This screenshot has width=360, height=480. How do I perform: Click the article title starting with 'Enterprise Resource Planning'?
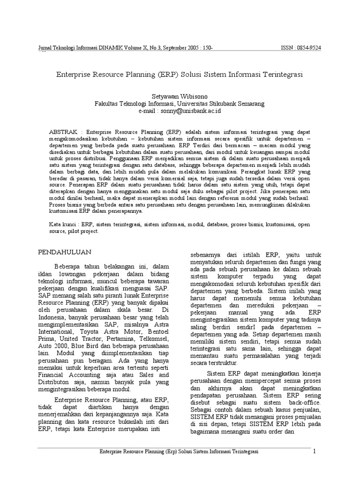pos(180,75)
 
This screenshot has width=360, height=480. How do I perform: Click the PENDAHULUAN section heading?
pos(64,252)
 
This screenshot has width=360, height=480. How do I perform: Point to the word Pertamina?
pos(118,334)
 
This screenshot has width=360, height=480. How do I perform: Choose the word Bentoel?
pos(156,326)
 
